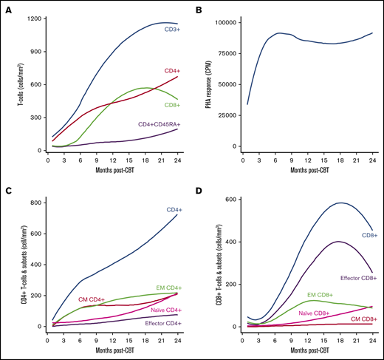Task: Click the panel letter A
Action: (x=6, y=8)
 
